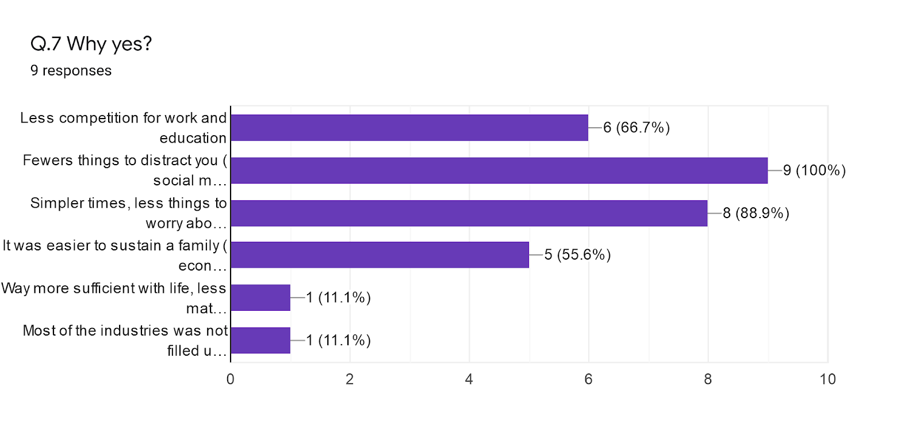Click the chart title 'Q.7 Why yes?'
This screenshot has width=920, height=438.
pyautogui.click(x=91, y=44)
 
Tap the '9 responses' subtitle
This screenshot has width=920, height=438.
pyautogui.click(x=71, y=71)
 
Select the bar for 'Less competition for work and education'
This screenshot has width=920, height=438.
pyautogui.click(x=409, y=128)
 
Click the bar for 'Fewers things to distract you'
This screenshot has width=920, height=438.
pyautogui.click(x=499, y=170)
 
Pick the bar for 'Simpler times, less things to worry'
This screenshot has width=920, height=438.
pyautogui.click(x=469, y=213)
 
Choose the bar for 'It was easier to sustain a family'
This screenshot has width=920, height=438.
pyautogui.click(x=379, y=255)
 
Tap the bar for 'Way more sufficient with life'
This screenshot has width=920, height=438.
pyautogui.click(x=260, y=298)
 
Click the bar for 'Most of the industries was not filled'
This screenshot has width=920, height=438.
pyautogui.click(x=260, y=340)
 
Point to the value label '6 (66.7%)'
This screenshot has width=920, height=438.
pyautogui.click(x=637, y=128)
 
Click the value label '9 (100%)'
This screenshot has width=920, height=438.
pyautogui.click(x=814, y=170)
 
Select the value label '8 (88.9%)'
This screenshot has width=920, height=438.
pyautogui.click(x=756, y=213)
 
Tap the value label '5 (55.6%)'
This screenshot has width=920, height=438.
pyautogui.click(x=577, y=255)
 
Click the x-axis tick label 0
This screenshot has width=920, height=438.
pyautogui.click(x=231, y=379)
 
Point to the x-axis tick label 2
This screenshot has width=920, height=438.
pyautogui.click(x=350, y=379)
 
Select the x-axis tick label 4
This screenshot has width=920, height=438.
pyautogui.click(x=469, y=379)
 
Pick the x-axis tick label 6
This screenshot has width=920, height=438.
pyautogui.click(x=588, y=379)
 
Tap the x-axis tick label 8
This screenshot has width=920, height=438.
pyautogui.click(x=708, y=379)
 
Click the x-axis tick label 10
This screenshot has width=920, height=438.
pyautogui.click(x=827, y=379)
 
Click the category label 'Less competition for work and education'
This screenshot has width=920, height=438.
pyautogui.click(x=124, y=128)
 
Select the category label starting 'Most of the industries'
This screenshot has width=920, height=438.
pyautogui.click(x=125, y=340)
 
